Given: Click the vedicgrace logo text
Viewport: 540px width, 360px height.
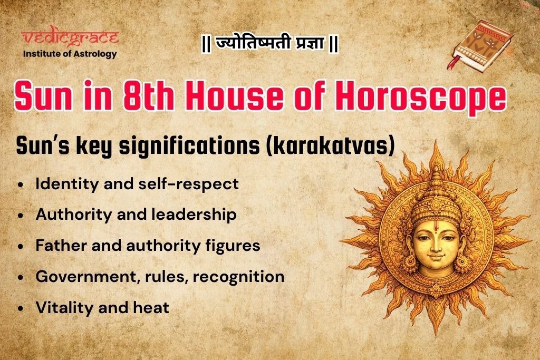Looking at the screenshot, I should click(x=70, y=38).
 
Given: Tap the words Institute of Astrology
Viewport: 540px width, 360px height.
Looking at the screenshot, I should click(x=70, y=54).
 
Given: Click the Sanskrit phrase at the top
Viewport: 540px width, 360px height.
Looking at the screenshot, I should click(x=269, y=44).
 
